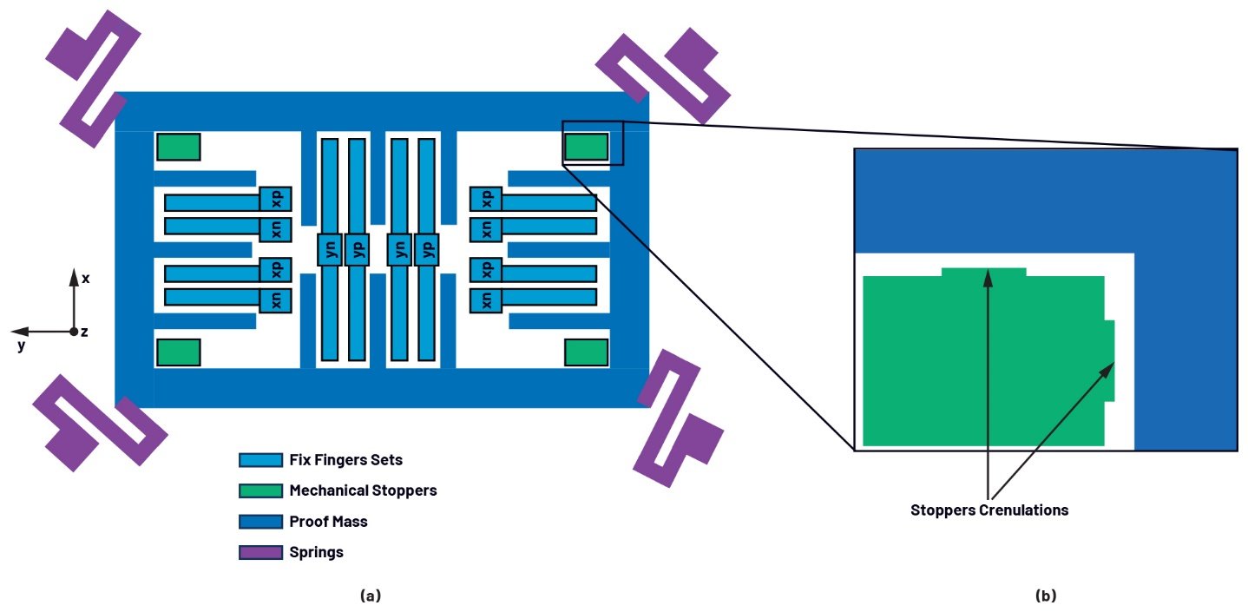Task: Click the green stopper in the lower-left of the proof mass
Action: point(178,352)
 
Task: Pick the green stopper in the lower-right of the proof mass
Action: point(586,352)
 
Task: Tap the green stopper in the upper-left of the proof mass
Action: point(178,147)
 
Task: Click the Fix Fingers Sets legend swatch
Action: point(260,460)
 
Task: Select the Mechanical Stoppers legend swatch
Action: point(260,490)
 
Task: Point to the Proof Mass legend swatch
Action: point(260,522)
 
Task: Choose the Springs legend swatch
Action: point(260,552)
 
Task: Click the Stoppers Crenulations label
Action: point(989,510)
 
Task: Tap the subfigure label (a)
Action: point(370,596)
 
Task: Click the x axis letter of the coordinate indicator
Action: point(86,279)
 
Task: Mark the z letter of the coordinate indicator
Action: point(84,332)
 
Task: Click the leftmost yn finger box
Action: point(329,249)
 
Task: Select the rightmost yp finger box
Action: point(425,249)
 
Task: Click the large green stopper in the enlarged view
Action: point(981,360)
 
